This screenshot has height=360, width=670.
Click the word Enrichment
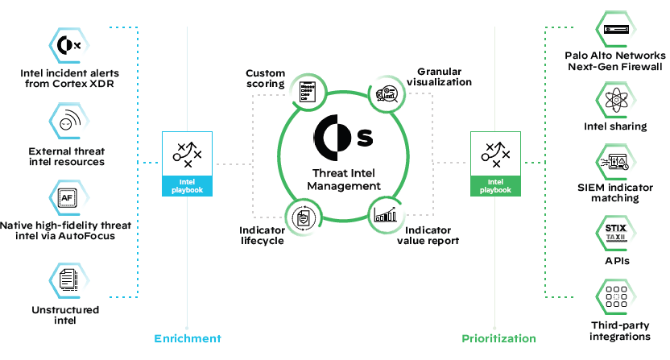(187, 338)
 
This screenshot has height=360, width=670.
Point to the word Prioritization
(498, 338)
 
